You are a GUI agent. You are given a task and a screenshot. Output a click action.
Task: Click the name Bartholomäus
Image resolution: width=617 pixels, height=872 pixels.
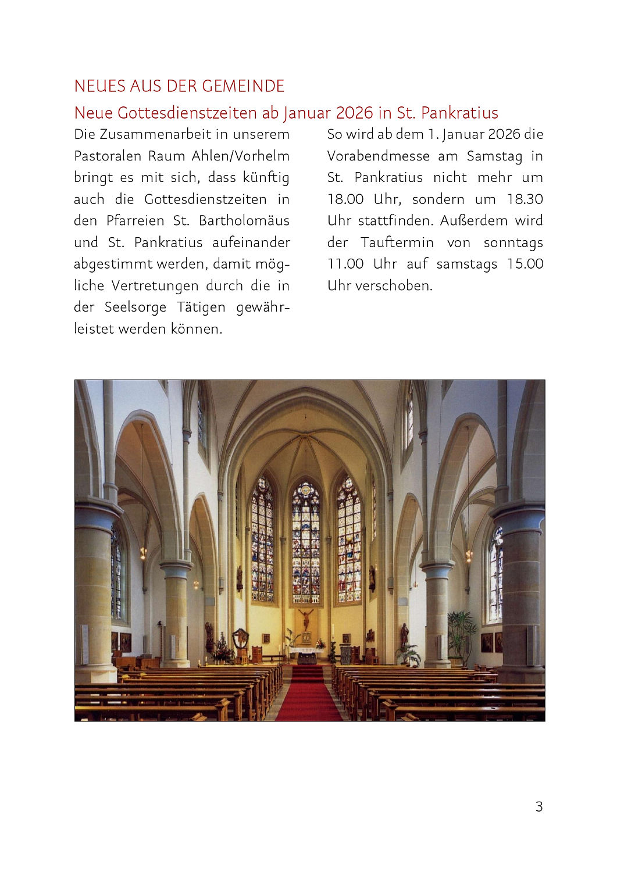[x=244, y=221]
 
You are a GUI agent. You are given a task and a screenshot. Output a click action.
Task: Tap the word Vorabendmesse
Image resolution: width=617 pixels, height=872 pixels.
[x=378, y=156]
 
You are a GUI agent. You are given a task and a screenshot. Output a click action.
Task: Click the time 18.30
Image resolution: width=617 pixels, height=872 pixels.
[x=525, y=199]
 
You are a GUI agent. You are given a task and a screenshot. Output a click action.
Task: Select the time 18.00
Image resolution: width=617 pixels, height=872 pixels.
[x=345, y=199]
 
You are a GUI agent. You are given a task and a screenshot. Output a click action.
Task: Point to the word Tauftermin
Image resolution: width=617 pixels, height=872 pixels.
[x=397, y=242]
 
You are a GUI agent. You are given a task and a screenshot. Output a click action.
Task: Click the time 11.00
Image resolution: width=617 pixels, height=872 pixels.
[x=345, y=264]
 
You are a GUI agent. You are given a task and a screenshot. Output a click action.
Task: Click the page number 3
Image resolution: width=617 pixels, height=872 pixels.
[x=538, y=806]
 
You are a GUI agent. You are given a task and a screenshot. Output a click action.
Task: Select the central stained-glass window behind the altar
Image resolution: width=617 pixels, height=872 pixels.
[x=305, y=544]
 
